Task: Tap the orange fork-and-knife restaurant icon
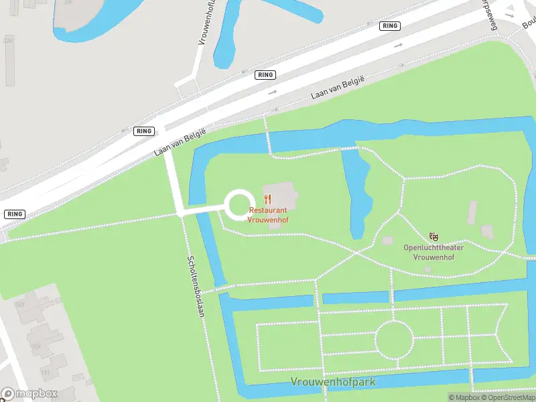[268, 199]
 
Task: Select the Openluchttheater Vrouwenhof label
[433, 252]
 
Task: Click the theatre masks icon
[434, 237]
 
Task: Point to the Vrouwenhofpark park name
[333, 382]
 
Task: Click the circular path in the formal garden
[393, 339]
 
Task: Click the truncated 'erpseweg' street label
[491, 15]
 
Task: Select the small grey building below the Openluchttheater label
[427, 269]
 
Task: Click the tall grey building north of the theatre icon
[472, 212]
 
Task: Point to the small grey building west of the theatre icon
[387, 240]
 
